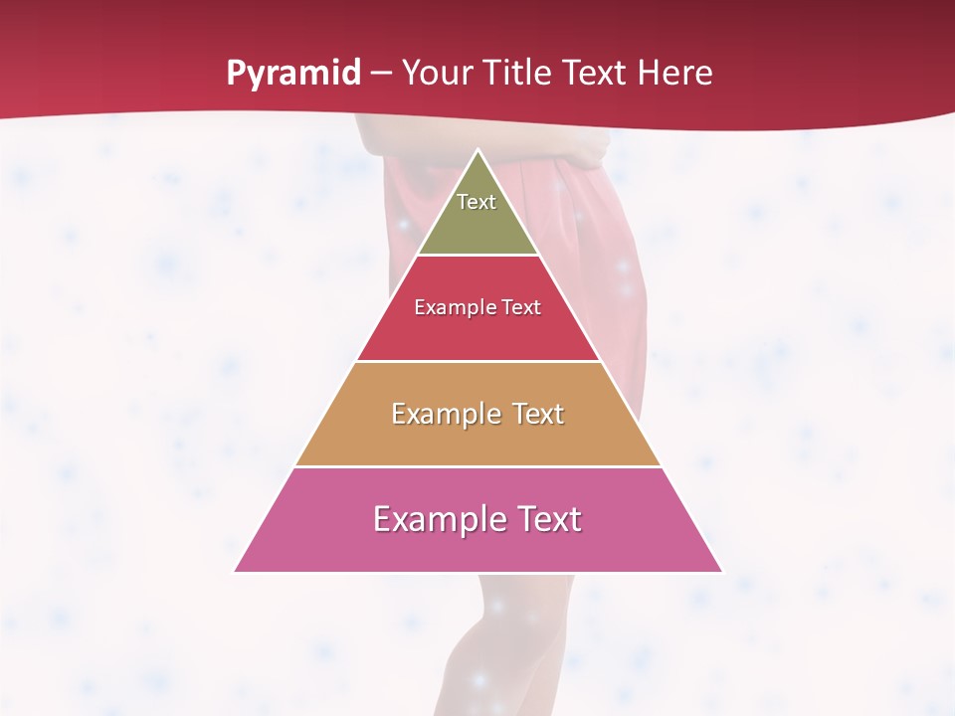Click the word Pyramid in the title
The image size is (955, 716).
coord(292,74)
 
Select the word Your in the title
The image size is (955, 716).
coord(434,74)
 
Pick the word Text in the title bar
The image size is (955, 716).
coord(597,74)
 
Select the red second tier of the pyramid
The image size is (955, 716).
coord(478,333)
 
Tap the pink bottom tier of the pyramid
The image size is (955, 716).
coord(478,547)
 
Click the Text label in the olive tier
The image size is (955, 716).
coord(477,202)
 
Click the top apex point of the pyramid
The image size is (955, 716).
coord(478,151)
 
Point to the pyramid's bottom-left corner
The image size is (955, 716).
coord(236,571)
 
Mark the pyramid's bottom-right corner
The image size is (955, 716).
coord(721,571)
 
